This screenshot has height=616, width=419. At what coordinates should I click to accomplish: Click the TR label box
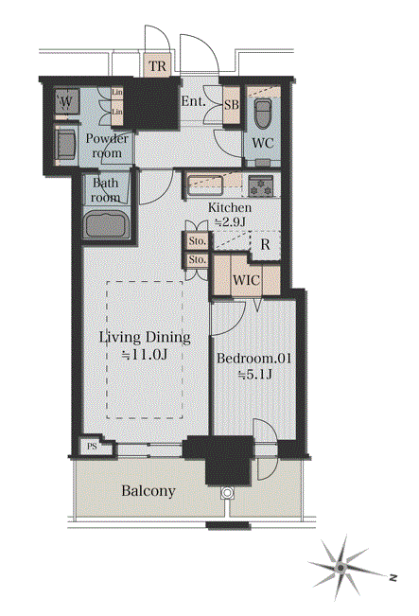(157, 65)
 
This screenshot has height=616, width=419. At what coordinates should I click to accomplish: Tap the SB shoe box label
(232, 105)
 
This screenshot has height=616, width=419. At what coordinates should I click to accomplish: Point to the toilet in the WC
(262, 114)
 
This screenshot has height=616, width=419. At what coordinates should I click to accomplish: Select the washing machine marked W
(67, 102)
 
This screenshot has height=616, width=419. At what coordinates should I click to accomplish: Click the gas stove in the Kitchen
(260, 185)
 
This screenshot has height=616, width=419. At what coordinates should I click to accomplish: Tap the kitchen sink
(205, 185)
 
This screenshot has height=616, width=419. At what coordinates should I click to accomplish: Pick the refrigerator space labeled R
(266, 244)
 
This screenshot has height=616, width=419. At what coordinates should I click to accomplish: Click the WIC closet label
(246, 280)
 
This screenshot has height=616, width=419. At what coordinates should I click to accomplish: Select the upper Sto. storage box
(197, 241)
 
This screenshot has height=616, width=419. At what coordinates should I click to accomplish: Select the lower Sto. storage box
(197, 259)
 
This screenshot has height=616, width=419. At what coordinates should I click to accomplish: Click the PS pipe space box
(92, 447)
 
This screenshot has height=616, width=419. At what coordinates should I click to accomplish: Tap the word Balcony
(148, 491)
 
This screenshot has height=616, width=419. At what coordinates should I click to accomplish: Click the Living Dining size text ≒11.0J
(145, 355)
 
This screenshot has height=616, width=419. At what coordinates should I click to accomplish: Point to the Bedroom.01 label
(254, 359)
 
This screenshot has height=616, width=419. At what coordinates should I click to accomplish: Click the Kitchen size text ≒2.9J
(230, 222)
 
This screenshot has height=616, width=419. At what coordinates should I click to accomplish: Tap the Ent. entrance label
(193, 101)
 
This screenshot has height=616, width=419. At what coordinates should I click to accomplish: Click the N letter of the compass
(393, 578)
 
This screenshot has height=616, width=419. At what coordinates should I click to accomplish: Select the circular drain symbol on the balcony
(227, 493)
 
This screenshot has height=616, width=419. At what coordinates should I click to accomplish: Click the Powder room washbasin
(65, 143)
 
